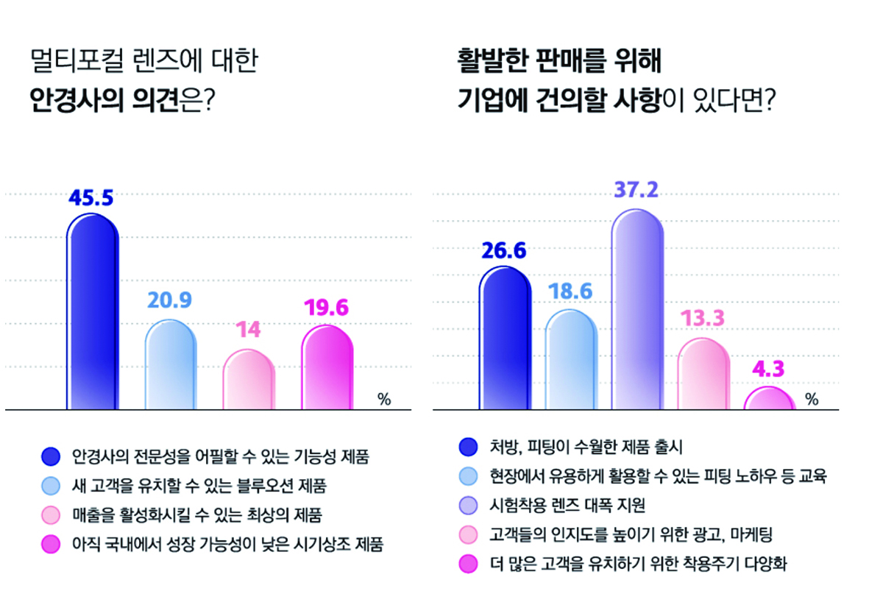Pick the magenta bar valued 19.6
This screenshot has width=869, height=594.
point(327,368)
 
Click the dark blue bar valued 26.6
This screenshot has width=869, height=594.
point(505,339)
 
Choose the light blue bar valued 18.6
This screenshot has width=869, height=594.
point(570,361)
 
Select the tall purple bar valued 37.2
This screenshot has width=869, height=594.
point(637,309)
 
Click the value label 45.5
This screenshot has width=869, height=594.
point(91,198)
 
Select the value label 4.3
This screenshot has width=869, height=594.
point(770,370)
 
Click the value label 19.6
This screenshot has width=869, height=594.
point(327,307)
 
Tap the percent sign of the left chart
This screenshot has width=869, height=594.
point(383,399)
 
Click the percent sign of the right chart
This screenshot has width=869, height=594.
point(812,399)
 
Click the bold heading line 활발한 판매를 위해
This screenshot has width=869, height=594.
point(558,60)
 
